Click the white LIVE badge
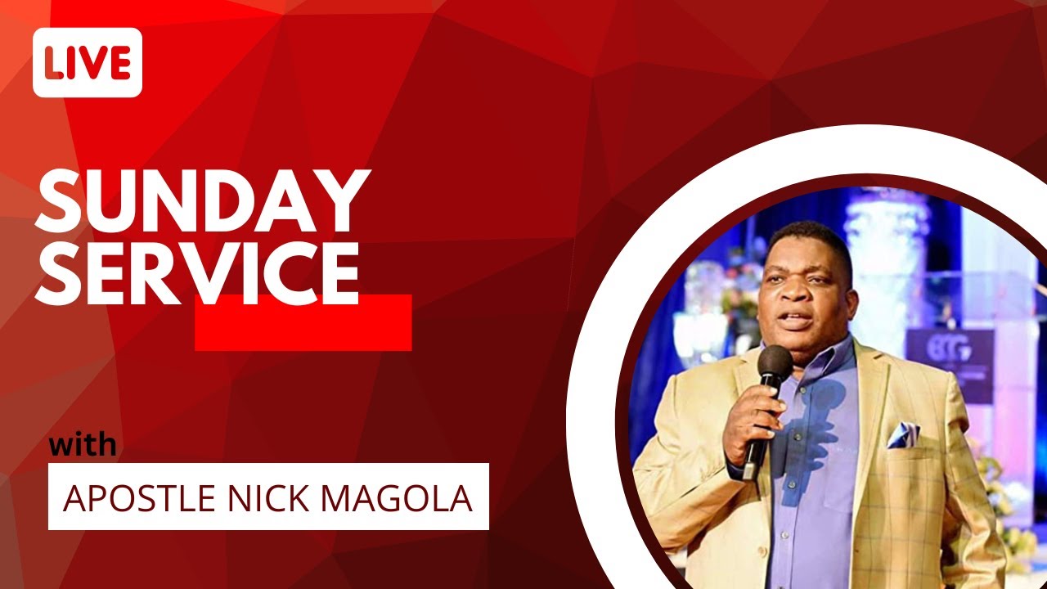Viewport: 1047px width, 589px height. point(88,63)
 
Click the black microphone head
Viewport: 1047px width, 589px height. point(775,364)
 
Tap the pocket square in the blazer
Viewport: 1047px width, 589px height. point(902,434)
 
